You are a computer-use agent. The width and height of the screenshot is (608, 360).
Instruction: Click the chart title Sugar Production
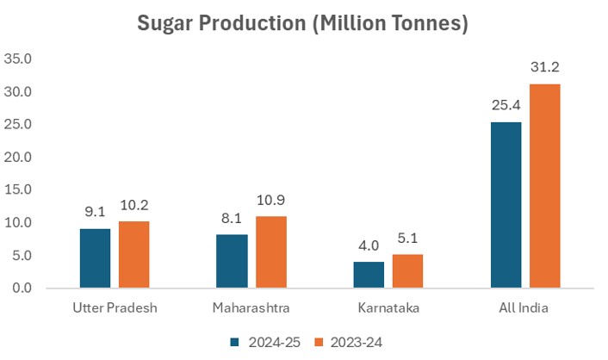302,23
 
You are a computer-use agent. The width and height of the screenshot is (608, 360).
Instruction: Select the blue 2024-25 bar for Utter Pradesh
95,258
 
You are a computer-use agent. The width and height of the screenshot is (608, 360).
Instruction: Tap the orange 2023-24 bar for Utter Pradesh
133,254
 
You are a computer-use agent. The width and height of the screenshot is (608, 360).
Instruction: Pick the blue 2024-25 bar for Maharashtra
232,260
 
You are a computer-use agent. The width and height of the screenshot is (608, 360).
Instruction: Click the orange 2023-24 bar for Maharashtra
270,251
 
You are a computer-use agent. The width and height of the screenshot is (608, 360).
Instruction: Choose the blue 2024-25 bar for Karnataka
369,274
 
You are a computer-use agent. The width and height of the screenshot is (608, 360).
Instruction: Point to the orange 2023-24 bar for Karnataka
407,270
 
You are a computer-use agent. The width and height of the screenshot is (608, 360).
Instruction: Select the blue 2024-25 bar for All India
506,204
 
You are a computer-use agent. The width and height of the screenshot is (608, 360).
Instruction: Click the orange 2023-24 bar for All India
544,185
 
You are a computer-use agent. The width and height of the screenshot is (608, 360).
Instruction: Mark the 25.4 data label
506,106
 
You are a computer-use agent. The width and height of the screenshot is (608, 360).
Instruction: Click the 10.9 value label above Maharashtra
270,201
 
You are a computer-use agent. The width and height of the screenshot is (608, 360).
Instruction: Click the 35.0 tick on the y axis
18,59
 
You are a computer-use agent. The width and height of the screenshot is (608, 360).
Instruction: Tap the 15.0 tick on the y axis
18,190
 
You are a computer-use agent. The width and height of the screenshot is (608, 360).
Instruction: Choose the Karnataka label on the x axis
388,307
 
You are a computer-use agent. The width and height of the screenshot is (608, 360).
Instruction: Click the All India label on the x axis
524,307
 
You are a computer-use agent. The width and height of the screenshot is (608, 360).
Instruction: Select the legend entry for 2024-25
264,342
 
